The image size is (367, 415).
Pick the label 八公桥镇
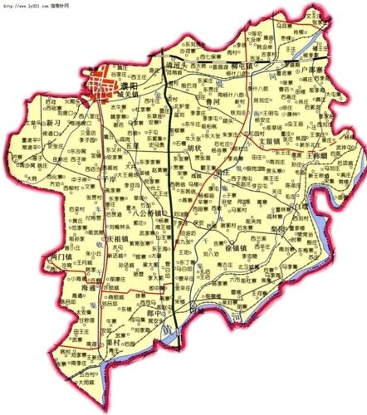[x=150, y=214]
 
